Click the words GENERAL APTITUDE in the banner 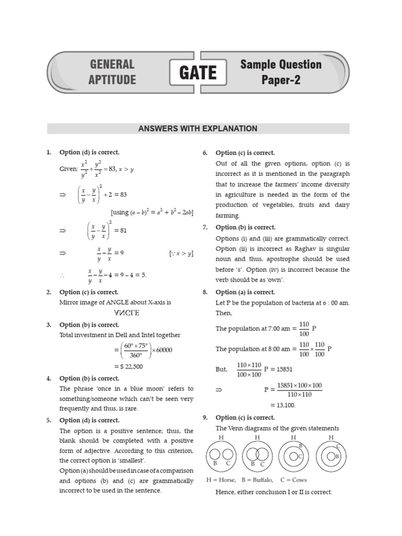[x=112, y=72]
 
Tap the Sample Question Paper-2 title [x=281, y=72]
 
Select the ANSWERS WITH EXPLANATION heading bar [x=198, y=129]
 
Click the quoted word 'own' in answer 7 [x=273, y=280]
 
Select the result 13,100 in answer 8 [x=283, y=405]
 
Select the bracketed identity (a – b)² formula [x=152, y=212]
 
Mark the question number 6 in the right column [x=205, y=153]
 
